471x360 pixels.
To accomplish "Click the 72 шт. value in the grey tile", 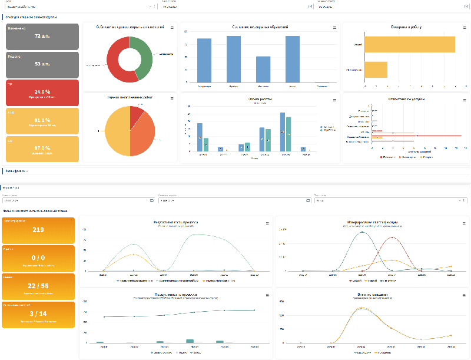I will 42,36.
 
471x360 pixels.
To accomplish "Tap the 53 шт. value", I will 42,64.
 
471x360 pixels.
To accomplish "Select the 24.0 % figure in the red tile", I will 42,92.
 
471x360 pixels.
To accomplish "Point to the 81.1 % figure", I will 42,120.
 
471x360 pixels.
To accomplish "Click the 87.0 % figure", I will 42,148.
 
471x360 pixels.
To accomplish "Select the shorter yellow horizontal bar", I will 376,70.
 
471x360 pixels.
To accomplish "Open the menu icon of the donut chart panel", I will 172,28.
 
